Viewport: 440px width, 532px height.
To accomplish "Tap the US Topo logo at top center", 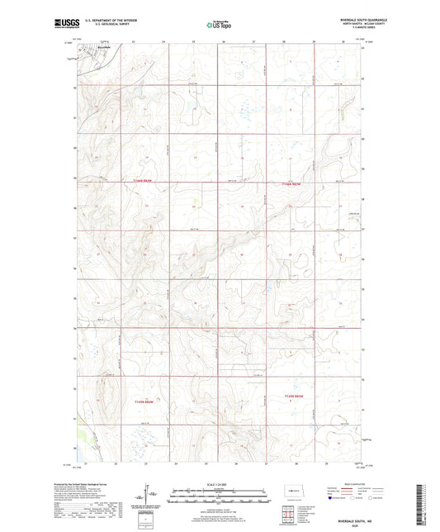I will coord(218,25).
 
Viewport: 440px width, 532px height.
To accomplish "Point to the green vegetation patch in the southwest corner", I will coord(79,434).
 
